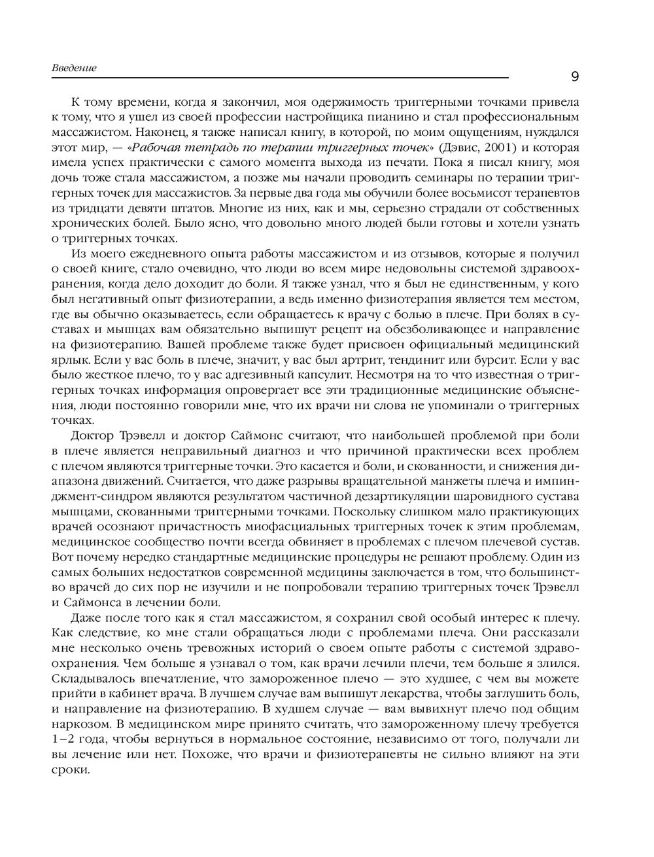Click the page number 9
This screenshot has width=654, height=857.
click(575, 77)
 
